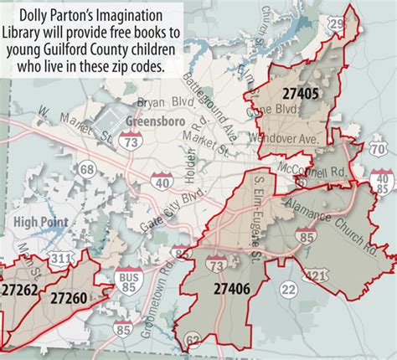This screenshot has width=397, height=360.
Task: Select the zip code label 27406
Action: tap(232, 290)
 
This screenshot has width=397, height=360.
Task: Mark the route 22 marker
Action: tap(288, 289)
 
